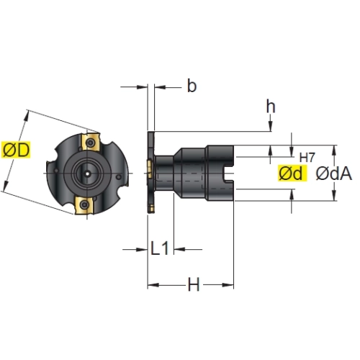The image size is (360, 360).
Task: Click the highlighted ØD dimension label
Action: tap(16, 150)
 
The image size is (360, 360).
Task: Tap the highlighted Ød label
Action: tap(292, 173)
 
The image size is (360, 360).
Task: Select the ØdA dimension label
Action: tap(334, 174)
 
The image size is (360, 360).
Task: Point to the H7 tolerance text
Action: tap(307, 158)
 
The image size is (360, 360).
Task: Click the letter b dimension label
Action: tap(192, 86)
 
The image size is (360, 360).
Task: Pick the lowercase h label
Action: tap(271, 107)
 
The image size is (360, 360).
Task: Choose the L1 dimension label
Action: tap(160, 248)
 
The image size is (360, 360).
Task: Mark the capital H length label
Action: tap(194, 284)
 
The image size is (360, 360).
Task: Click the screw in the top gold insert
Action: tap(91, 143)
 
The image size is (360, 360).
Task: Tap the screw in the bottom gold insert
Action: tap(84, 204)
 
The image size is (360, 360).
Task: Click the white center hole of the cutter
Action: tap(88, 174)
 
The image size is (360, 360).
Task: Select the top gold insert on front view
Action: tap(91, 142)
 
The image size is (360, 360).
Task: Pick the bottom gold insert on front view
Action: tap(84, 205)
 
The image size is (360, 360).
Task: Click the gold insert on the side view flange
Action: tap(150, 169)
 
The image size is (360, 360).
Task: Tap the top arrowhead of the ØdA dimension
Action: tap(334, 150)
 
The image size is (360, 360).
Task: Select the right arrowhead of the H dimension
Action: tap(228, 285)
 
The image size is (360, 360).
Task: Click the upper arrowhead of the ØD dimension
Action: tap(26, 116)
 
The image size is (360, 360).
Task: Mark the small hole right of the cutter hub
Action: tap(119, 177)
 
